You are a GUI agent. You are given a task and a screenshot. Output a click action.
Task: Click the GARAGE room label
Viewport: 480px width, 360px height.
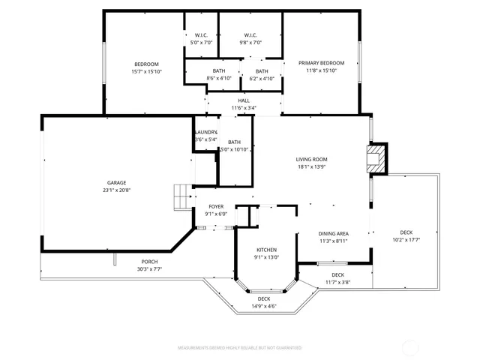[x=116, y=182]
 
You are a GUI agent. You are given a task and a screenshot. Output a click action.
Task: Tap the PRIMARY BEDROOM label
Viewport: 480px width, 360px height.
[x=321, y=62]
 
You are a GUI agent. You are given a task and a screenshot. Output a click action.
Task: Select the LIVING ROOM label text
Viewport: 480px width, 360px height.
[x=311, y=159]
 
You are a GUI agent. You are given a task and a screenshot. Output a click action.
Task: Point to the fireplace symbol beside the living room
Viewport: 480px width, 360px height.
[x=374, y=158]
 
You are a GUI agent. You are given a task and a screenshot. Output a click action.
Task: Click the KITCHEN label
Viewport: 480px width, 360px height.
[x=267, y=250]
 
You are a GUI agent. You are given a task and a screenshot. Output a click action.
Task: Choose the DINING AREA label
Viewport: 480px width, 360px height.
[x=333, y=233]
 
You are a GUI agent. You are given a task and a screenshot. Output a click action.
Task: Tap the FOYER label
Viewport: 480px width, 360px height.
[x=216, y=205]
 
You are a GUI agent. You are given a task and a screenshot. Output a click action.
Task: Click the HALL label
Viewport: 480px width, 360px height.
[x=244, y=100]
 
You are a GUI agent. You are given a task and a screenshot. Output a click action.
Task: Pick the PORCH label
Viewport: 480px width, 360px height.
[x=149, y=262]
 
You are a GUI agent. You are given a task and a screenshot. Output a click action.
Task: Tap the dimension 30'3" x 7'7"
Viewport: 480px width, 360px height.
[x=149, y=268]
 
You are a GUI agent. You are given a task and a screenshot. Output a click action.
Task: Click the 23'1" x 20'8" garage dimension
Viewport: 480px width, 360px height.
[x=116, y=190]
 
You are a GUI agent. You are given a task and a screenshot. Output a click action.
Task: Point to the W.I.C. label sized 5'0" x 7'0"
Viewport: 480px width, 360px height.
[x=201, y=35]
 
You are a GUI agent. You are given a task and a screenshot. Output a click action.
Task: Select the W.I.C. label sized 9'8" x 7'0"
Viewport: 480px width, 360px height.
[x=250, y=35]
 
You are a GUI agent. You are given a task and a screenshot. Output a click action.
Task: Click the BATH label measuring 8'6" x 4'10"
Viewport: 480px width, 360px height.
[x=218, y=70]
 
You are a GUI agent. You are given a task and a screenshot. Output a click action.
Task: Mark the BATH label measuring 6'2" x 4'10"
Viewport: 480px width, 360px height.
[x=262, y=70]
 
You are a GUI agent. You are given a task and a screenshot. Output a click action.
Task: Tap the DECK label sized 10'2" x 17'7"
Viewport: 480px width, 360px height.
[x=406, y=232]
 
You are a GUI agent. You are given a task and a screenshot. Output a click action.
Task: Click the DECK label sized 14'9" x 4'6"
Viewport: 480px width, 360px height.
[x=263, y=299]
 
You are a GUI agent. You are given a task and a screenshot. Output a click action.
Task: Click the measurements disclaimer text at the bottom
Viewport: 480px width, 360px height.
[x=239, y=348]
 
